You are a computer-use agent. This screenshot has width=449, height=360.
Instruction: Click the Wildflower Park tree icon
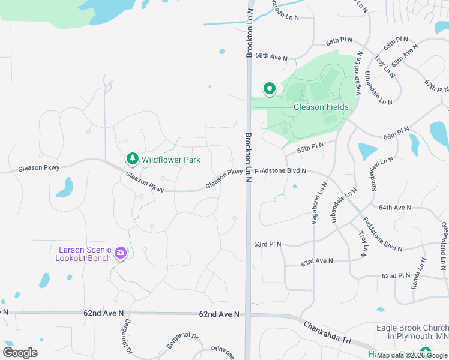(x=132, y=159)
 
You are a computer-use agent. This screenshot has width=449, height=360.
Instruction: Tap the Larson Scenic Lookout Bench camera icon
(x=121, y=253)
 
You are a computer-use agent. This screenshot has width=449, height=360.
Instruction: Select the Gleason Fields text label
(x=321, y=107)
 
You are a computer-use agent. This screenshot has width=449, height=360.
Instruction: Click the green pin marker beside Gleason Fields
(x=270, y=89)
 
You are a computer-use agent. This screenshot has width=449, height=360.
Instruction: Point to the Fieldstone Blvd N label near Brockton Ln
(x=280, y=171)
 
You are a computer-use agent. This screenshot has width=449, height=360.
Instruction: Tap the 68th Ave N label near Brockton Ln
(x=271, y=56)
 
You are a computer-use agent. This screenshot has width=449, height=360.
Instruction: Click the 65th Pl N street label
(x=310, y=147)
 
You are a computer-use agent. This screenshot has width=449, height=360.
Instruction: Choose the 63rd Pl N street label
(x=268, y=245)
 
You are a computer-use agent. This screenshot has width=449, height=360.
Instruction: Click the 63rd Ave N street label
(x=317, y=262)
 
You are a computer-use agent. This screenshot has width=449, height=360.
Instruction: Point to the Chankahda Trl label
(x=326, y=332)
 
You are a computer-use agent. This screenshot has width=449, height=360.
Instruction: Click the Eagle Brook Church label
(x=412, y=332)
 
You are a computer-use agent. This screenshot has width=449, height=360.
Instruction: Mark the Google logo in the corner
(x=20, y=353)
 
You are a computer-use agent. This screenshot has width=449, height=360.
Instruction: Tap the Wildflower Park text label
(x=170, y=160)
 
